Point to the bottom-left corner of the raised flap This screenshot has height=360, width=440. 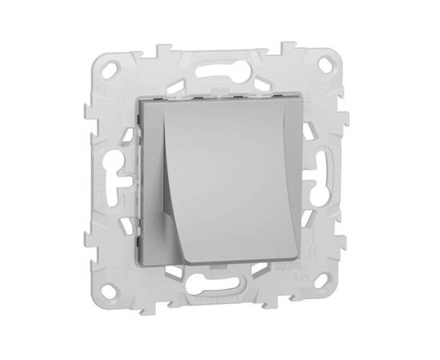tap(185, 258)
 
